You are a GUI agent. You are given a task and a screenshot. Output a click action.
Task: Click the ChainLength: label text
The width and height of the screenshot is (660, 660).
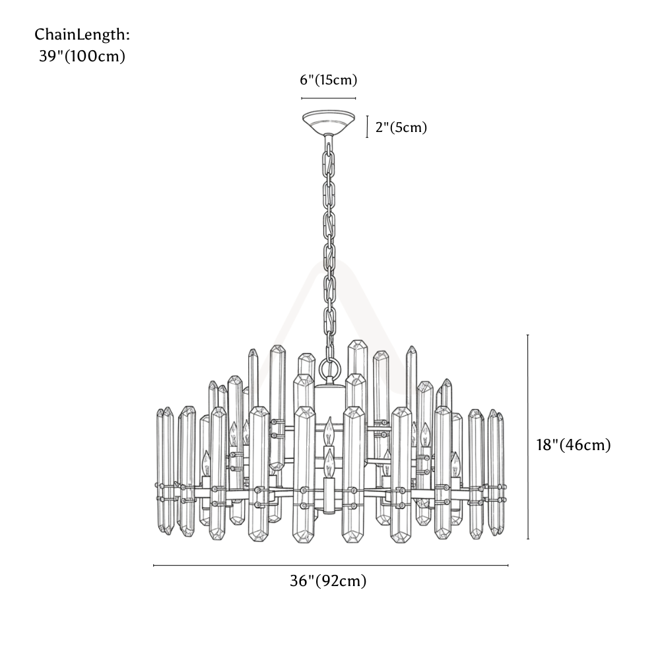click(82, 34)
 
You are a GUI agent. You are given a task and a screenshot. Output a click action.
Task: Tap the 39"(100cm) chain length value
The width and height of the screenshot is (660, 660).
click(82, 56)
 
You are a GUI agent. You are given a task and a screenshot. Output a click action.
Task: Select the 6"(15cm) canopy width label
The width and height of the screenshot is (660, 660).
click(328, 80)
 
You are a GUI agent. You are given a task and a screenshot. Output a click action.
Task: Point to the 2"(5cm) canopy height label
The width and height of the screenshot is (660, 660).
click(401, 127)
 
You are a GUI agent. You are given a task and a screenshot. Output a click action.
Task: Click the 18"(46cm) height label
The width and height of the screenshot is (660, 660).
click(574, 445)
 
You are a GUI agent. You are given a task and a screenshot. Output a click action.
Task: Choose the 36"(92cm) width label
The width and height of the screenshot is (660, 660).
click(328, 581)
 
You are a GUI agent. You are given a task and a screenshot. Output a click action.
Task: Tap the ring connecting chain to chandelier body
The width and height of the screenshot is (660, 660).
click(329, 368)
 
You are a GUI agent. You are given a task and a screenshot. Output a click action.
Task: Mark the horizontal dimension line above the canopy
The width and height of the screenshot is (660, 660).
click(328, 98)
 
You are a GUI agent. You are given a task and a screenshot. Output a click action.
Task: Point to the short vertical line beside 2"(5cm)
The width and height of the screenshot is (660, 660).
click(367, 127)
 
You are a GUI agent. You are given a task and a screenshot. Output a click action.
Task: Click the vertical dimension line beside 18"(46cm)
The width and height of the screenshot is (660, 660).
click(528, 437)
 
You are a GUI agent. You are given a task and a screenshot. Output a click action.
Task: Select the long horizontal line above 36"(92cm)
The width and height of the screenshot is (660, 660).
click(331, 566)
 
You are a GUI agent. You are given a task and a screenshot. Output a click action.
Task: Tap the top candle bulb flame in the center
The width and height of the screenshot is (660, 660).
click(329, 430)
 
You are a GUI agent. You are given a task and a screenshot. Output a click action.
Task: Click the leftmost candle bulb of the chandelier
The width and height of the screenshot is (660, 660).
click(206, 464)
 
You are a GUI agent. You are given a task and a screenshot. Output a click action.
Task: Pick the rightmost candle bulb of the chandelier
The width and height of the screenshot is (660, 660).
click(455, 465)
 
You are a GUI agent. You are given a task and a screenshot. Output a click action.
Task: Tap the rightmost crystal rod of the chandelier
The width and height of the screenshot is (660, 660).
click(500, 473)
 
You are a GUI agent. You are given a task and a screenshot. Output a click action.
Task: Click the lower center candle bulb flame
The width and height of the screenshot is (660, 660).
click(329, 463)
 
